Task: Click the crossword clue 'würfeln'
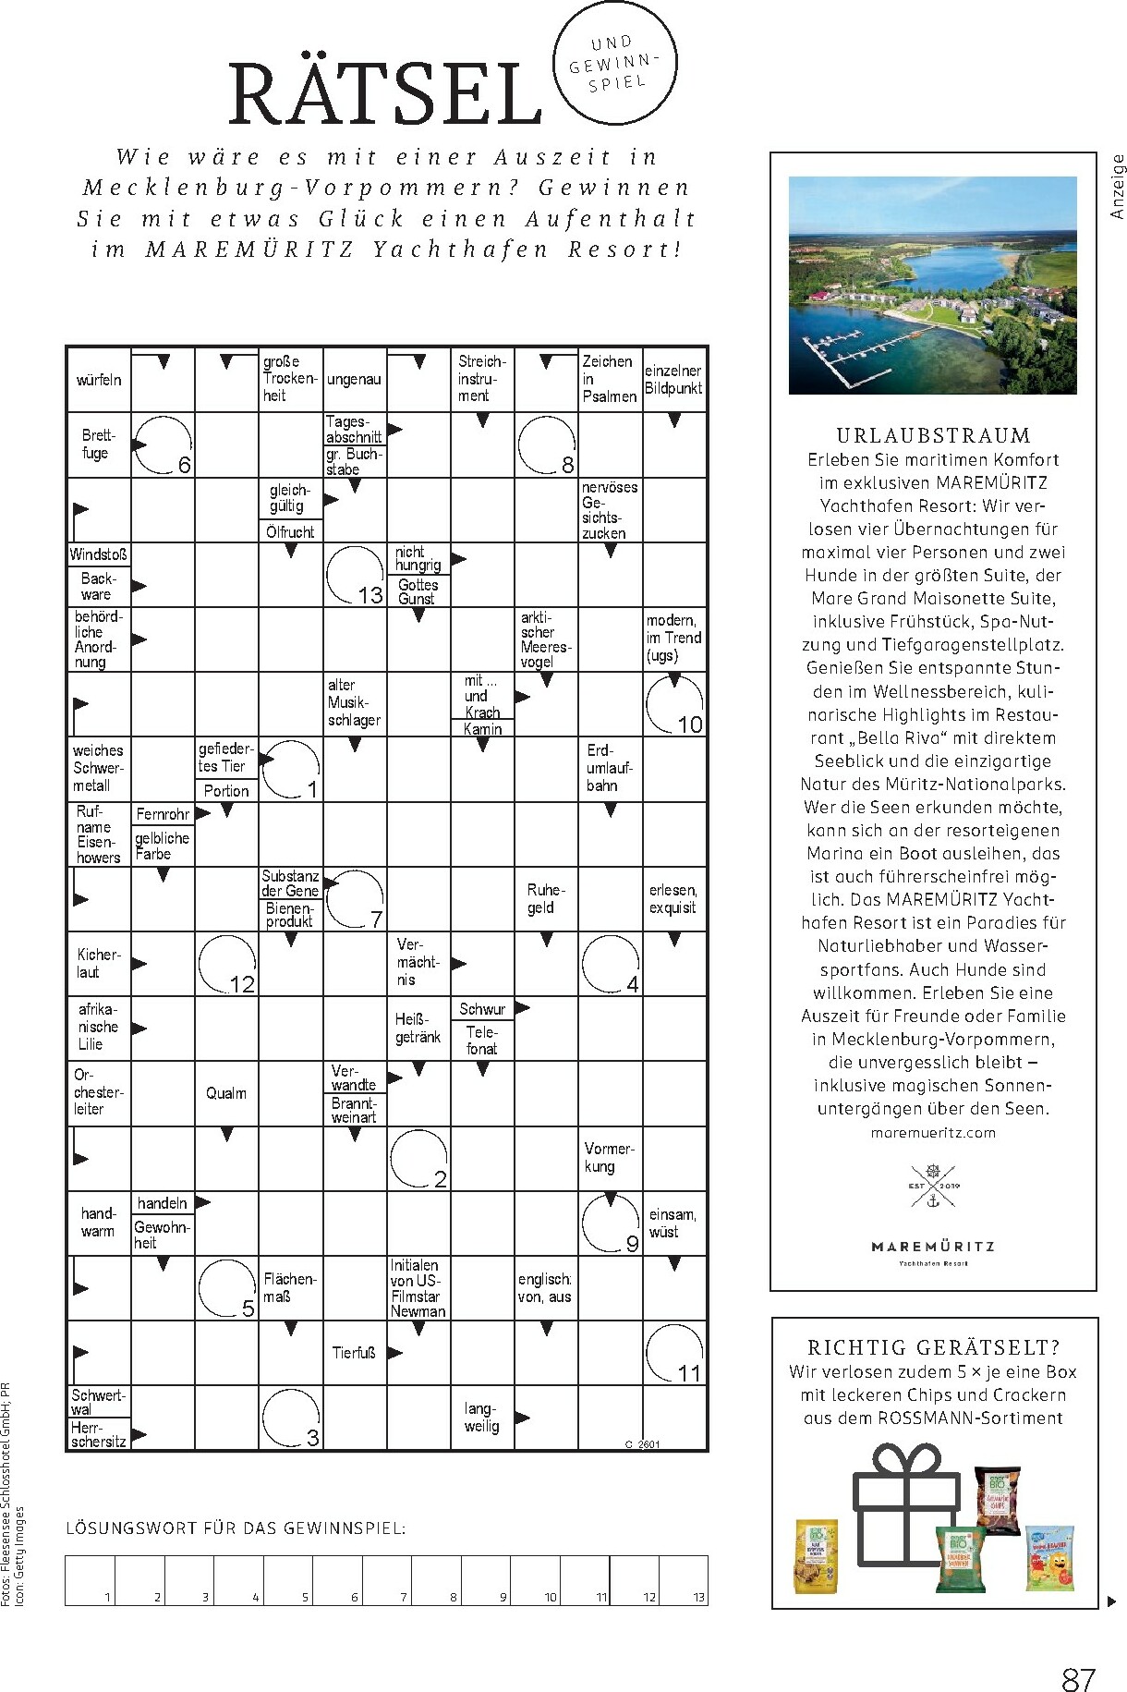point(99,380)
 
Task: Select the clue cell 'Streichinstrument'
point(482,378)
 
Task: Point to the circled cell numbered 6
point(163,444)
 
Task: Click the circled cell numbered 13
point(355,575)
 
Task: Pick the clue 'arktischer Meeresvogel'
point(546,639)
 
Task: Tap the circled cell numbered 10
point(674,705)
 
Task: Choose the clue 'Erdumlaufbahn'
point(610,768)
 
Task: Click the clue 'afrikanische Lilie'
point(99,1028)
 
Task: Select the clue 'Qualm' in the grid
point(226,1093)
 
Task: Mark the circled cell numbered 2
point(418,1158)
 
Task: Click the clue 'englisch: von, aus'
point(546,1288)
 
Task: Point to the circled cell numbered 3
point(291,1418)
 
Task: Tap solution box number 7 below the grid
point(387,1580)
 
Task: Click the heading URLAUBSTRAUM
point(933,435)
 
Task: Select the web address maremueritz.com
point(933,1132)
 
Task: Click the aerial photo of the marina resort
point(933,286)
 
